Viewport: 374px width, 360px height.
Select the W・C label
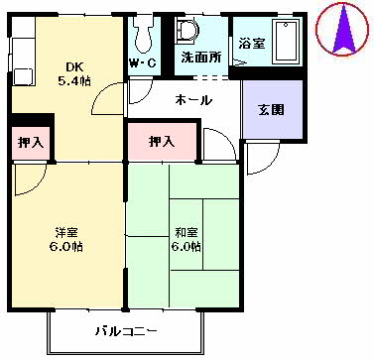coord(142,66)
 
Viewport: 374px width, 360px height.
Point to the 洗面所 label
coord(200,58)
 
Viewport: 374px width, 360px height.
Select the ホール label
coord(193,100)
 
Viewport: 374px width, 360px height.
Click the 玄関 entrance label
coord(271,109)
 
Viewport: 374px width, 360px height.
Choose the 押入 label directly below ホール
coord(162,142)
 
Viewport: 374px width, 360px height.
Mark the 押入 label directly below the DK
coord(31,143)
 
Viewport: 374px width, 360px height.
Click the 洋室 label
coord(67,233)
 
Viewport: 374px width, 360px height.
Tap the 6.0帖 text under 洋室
coord(67,247)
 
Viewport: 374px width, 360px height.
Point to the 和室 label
coord(187,233)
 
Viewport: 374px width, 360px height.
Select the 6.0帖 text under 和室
coord(187,247)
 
